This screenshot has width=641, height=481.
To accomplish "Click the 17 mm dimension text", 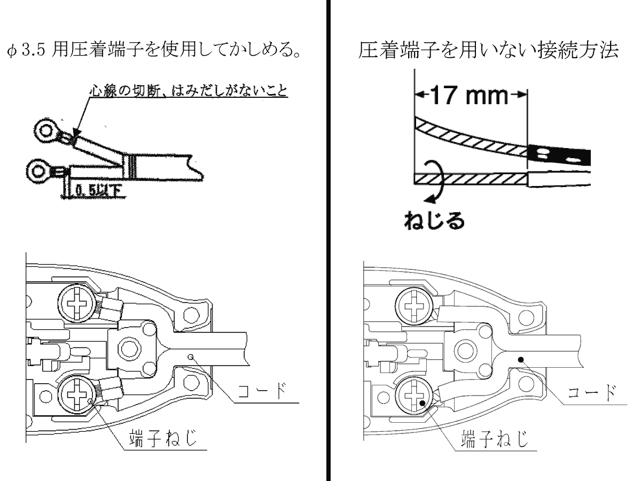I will point(471,96).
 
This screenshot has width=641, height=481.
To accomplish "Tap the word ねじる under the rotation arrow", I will point(434,220).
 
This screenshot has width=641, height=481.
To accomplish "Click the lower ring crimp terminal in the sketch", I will point(39,171).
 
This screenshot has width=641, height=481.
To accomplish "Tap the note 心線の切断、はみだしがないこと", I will point(187,92).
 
